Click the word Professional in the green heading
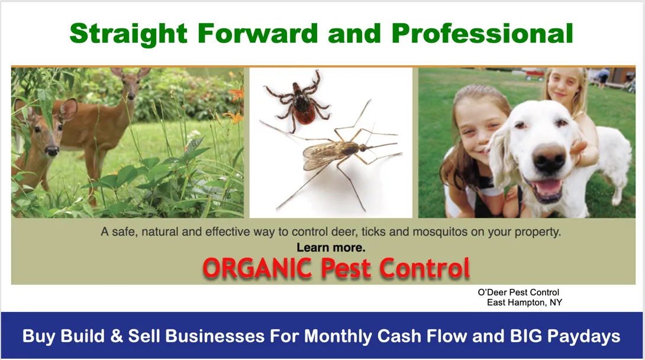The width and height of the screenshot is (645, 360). [x=482, y=33]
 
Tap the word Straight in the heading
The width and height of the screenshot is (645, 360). [x=129, y=34]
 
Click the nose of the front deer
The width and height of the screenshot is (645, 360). [x=52, y=150]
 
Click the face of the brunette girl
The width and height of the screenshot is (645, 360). [x=478, y=131]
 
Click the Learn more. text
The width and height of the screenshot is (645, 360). [x=331, y=247]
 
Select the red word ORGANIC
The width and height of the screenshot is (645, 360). [x=257, y=268]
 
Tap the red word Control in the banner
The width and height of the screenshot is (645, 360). [x=424, y=268]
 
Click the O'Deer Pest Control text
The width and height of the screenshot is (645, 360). [x=518, y=292]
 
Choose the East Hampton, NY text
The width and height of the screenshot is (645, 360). [x=524, y=303]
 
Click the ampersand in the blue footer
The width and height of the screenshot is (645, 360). [x=117, y=336]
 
